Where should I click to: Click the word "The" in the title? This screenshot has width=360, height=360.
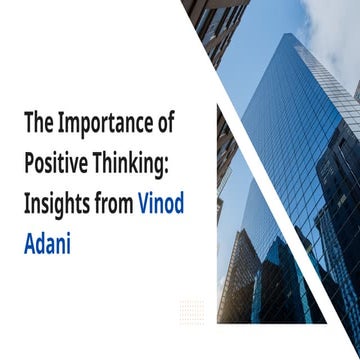[37, 126]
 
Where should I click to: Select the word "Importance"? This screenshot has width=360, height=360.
[104, 126]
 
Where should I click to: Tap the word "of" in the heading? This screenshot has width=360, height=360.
[165, 126]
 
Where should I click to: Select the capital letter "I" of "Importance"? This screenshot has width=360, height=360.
[59, 126]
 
